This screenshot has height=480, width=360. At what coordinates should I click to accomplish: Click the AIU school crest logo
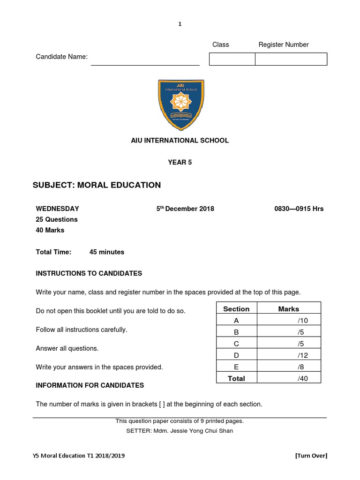click(180, 105)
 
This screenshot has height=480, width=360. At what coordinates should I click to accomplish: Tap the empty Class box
click(232, 59)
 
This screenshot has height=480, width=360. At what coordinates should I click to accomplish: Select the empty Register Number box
click(291, 59)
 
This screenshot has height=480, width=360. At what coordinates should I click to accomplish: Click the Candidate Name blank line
click(145, 61)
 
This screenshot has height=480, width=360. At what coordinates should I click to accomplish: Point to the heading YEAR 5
click(180, 163)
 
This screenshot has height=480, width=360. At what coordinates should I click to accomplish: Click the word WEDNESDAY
click(58, 209)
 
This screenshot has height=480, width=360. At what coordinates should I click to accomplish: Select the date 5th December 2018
click(185, 209)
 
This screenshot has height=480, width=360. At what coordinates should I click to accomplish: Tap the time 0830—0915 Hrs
click(299, 209)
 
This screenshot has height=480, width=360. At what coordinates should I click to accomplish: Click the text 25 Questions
click(57, 219)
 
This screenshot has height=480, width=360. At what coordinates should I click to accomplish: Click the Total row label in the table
click(236, 378)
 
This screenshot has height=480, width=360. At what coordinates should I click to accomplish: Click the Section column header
click(236, 309)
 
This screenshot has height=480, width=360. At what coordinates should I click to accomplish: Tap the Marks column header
click(288, 309)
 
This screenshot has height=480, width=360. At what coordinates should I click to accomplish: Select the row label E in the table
click(236, 367)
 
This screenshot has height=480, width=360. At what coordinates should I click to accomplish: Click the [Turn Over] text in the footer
click(311, 456)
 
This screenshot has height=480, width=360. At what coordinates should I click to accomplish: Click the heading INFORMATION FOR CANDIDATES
click(90, 385)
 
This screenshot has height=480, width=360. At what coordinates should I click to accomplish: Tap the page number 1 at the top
click(180, 24)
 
